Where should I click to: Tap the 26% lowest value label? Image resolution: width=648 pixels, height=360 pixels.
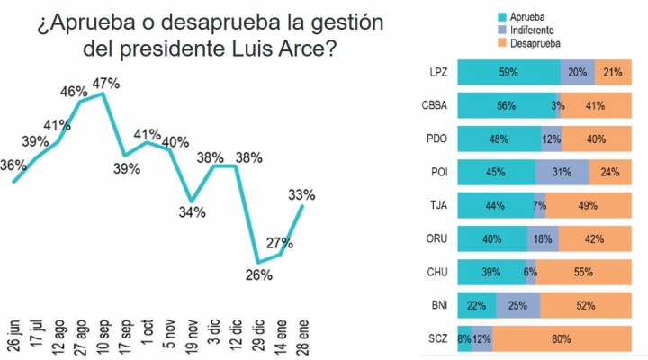point(259,275)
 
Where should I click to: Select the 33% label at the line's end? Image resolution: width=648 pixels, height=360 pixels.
point(301,193)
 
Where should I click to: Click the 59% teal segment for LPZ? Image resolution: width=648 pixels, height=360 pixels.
point(508,73)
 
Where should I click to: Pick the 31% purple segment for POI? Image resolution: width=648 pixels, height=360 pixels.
point(562,172)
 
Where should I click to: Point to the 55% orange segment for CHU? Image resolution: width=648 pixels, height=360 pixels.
point(583,271)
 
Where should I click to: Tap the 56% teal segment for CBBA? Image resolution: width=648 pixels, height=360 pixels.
point(506,106)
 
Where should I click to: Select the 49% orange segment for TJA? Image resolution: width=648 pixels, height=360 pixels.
point(588,205)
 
